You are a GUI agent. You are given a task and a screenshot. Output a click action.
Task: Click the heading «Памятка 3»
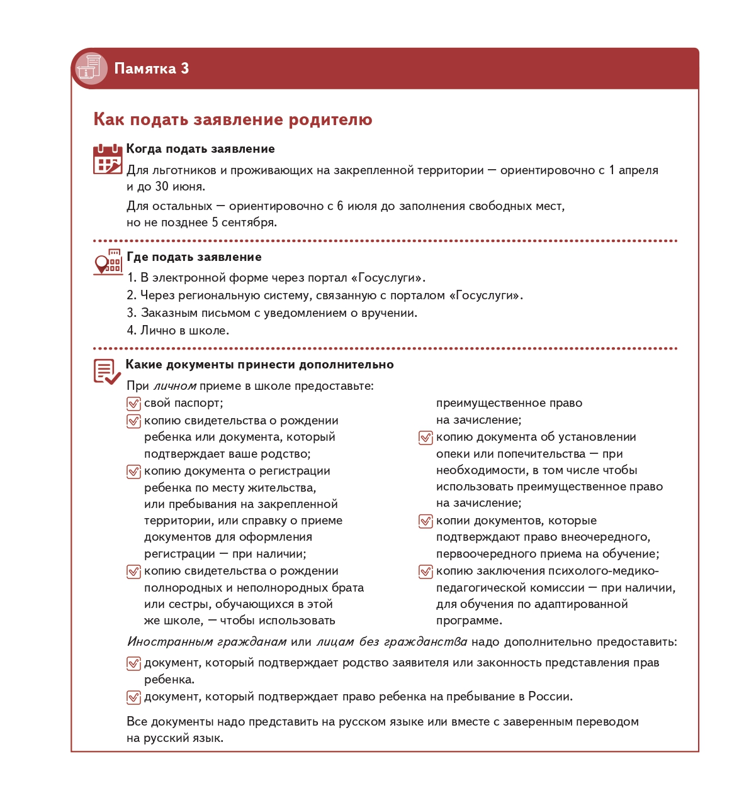point(151,69)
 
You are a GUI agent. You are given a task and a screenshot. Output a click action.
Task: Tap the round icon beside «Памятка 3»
point(91,68)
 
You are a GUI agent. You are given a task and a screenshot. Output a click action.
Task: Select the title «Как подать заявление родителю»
point(233,119)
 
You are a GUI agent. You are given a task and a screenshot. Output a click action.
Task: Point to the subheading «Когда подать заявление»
point(200,149)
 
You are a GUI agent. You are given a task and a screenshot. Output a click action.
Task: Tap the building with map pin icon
point(108,262)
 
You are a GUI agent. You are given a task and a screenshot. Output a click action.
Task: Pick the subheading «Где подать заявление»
point(194,257)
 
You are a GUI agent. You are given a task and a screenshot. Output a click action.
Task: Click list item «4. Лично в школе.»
point(178,331)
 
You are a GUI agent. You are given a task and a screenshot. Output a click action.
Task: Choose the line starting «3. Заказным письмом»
point(272,313)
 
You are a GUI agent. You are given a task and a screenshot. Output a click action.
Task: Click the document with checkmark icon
point(107,372)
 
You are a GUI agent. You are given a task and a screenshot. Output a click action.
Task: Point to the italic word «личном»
point(175,386)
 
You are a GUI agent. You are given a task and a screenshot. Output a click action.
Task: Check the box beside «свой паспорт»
point(133,404)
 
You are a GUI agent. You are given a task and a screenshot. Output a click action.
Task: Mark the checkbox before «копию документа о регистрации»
point(133,472)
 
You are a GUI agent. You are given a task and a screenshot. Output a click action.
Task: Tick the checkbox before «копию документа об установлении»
point(426,438)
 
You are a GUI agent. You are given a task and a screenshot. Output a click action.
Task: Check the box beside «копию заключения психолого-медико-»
point(426,572)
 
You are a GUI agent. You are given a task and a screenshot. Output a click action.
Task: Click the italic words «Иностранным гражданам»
point(207,642)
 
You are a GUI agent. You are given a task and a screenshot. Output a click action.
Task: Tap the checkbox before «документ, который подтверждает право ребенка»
point(133,697)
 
